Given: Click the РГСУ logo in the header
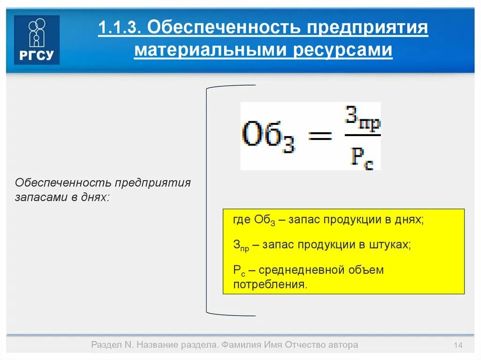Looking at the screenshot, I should click(37, 39).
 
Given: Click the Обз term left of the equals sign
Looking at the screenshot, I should click(271, 137).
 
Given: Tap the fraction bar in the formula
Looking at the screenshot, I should click(362, 137).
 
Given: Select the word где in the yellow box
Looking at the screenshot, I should click(242, 220).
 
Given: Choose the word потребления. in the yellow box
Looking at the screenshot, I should click(271, 284).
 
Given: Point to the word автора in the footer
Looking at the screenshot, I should click(342, 345).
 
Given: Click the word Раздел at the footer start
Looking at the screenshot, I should click(106, 345).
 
